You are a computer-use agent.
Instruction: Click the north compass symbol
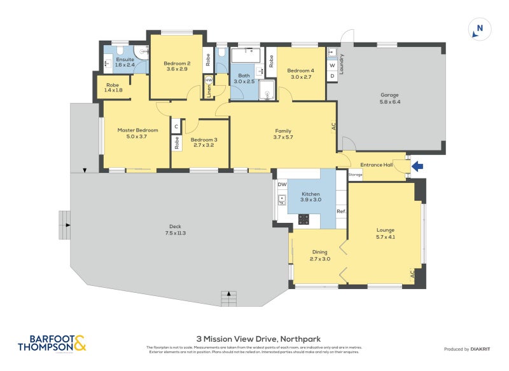pos(480,29)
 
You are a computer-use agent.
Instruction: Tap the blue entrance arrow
pos(417,167)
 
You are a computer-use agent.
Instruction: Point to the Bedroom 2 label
pos(177,65)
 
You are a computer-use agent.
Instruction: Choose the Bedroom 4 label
pos(300,73)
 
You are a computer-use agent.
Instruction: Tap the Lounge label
pos(386,233)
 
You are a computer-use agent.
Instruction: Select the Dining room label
pos(319,255)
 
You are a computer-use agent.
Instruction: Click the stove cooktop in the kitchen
pos(304,219)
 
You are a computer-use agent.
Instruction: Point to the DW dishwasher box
pos(282,184)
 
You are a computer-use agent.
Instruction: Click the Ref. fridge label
pos(341,211)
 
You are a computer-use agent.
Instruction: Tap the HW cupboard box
pos(208,79)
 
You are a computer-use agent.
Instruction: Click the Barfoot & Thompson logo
pos(52,344)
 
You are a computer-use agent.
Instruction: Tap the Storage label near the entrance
pos(355,174)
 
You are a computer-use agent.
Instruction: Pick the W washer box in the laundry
pos(331,65)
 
